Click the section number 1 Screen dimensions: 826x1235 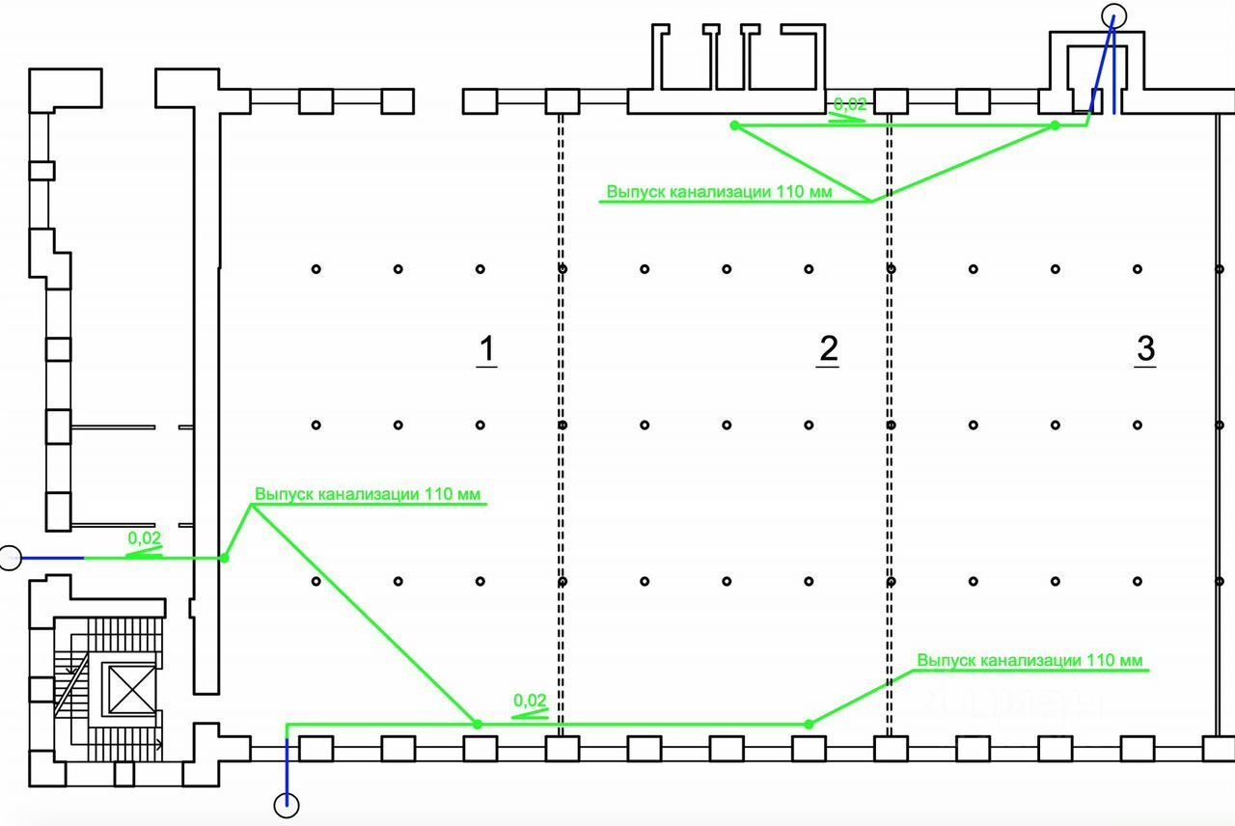pyautogui.click(x=487, y=349)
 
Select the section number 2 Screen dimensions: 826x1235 pyautogui.click(x=828, y=349)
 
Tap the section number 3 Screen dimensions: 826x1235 pyautogui.click(x=1145, y=349)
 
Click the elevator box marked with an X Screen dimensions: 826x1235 pyautogui.click(x=127, y=688)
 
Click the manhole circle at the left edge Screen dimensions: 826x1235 pyautogui.click(x=10, y=558)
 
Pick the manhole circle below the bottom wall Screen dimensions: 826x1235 pyautogui.click(x=287, y=804)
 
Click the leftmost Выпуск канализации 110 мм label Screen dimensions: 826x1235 pyautogui.click(x=367, y=494)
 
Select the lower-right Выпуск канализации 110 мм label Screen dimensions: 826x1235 pyautogui.click(x=1029, y=661)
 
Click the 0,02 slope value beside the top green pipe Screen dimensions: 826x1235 pyautogui.click(x=849, y=104)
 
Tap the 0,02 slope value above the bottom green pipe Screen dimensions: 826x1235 pyautogui.click(x=531, y=701)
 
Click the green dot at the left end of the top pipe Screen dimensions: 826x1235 pyautogui.click(x=734, y=124)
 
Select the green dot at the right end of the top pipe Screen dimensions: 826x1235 pyautogui.click(x=1055, y=124)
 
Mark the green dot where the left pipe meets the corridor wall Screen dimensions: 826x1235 pyautogui.click(x=225, y=558)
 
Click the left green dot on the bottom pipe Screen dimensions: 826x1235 pyautogui.click(x=477, y=724)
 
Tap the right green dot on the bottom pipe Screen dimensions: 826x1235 pyautogui.click(x=809, y=724)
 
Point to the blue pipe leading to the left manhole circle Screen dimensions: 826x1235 pyautogui.click(x=53, y=558)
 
